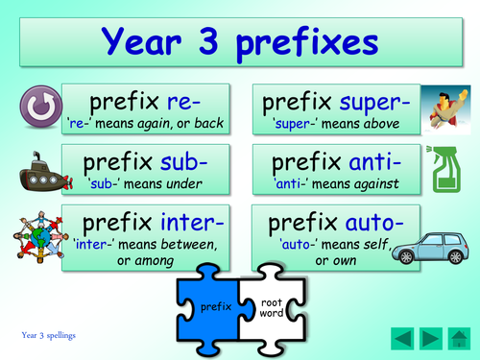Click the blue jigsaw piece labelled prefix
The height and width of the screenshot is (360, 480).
pos(213,306)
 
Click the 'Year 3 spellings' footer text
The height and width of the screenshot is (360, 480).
pos(49,335)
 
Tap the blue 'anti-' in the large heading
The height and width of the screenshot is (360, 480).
pos(370,159)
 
